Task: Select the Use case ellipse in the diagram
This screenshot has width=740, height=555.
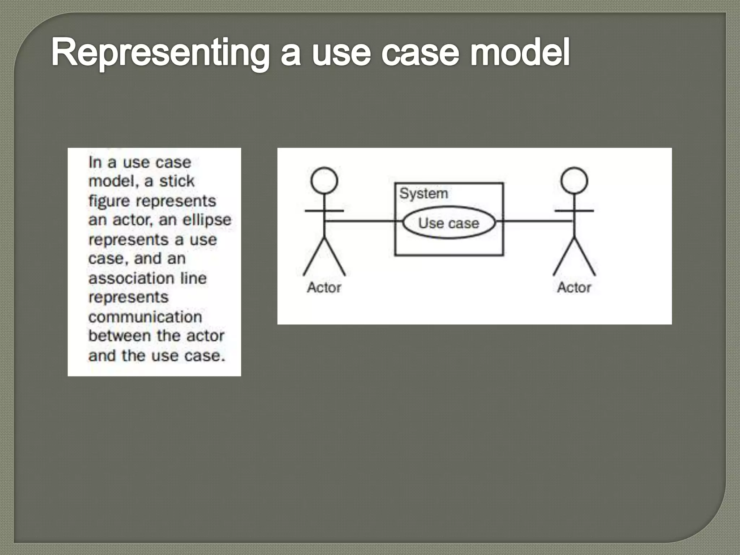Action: tap(448, 223)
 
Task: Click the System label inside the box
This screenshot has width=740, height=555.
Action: tap(423, 194)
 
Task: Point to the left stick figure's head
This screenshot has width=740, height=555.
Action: tap(324, 180)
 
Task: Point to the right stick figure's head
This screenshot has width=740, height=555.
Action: tap(574, 180)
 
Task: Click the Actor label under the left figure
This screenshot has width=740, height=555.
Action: tap(324, 288)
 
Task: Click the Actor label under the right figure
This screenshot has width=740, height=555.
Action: tap(574, 288)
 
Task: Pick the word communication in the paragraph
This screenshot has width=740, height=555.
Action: tap(145, 317)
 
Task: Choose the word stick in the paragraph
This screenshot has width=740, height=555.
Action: tap(177, 181)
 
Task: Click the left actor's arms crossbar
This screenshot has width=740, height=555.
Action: tap(324, 211)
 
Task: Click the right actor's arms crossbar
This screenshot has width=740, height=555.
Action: tap(574, 211)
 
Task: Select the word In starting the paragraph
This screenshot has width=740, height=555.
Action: tap(95, 162)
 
